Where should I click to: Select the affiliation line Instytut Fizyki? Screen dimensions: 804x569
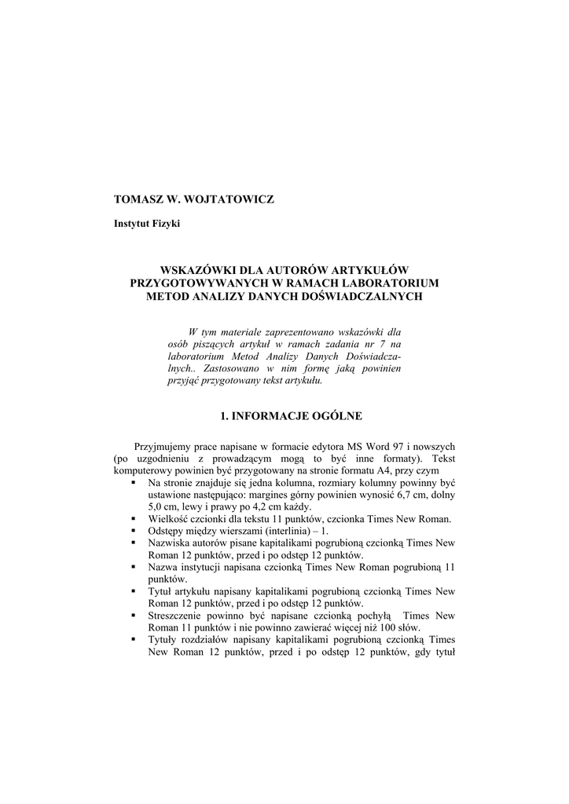coord(147,225)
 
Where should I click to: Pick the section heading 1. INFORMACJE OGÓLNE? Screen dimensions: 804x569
coord(284,415)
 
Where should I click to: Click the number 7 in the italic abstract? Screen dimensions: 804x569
coord(379,343)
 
